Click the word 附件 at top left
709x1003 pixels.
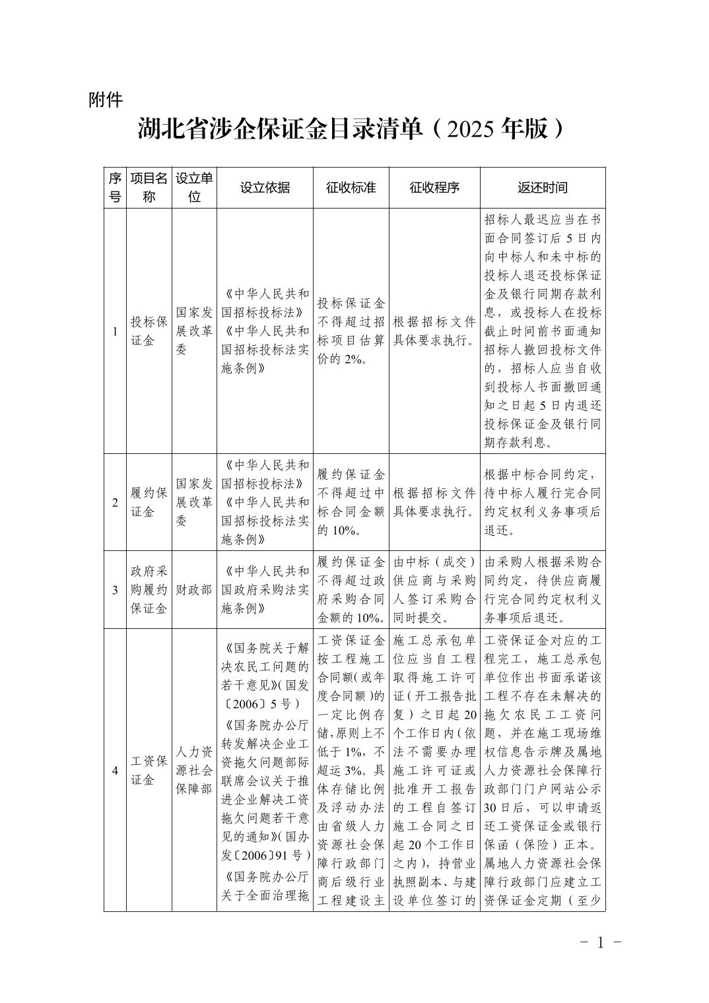106,100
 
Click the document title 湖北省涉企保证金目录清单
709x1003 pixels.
280,129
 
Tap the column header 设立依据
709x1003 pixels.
265,188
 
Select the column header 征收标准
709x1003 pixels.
351,188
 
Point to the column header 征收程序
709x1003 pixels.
434,188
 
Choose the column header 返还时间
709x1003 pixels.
542,188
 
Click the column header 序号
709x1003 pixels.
115,188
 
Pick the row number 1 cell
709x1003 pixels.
115,331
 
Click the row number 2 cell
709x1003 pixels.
115,502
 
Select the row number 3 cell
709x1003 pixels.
115,589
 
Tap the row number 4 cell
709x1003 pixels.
115,770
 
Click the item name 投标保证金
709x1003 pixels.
149,331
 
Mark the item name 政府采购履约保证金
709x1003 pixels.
149,589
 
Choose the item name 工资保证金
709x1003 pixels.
149,770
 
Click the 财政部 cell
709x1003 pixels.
194,589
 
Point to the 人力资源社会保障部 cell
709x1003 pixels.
194,770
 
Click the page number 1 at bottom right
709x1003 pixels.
600,942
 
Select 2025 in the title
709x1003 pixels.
471,129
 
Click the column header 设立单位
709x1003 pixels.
194,188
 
